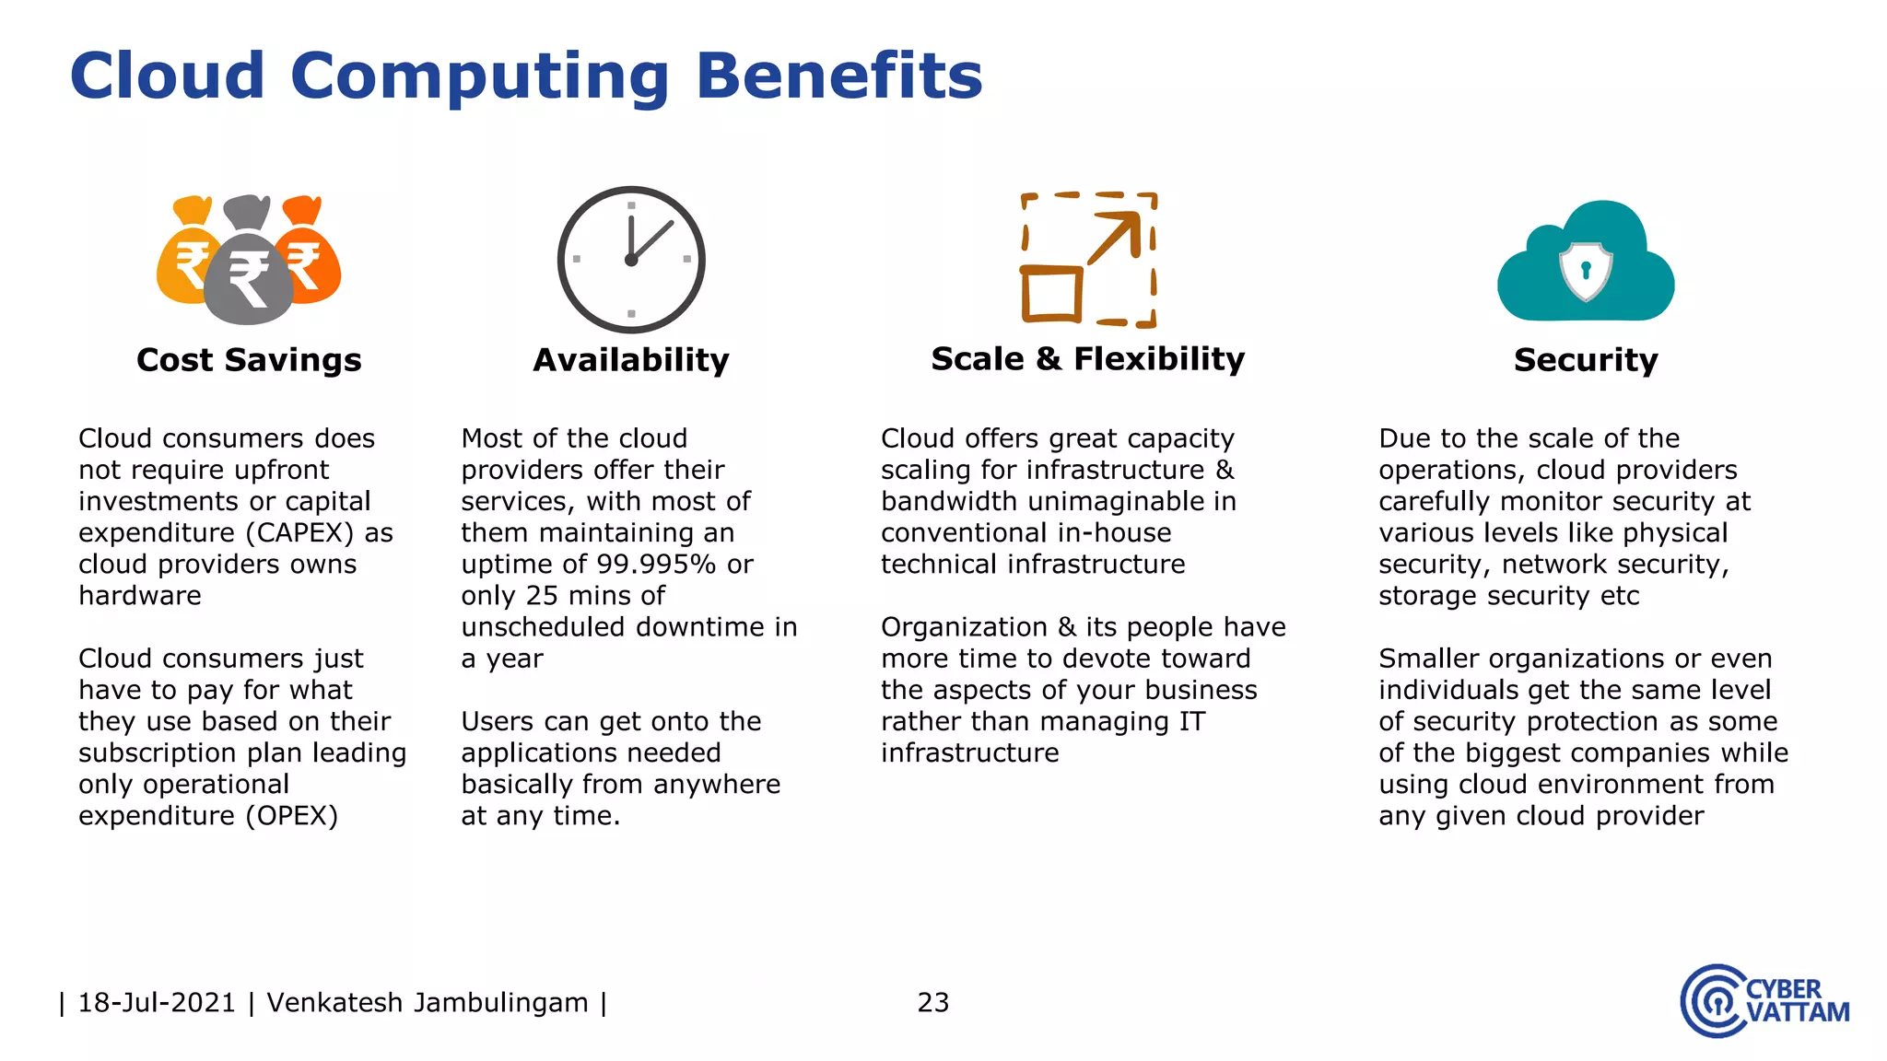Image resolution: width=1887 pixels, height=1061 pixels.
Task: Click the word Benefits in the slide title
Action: pos(838,76)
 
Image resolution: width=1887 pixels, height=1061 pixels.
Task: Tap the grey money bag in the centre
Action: pos(247,276)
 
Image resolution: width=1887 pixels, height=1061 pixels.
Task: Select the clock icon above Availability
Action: pos(631,260)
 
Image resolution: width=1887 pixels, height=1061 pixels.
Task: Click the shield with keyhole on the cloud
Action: pos(1586,271)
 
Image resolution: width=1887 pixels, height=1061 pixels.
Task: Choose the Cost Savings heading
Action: pos(249,359)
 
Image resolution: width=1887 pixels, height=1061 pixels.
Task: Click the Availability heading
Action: pos(631,359)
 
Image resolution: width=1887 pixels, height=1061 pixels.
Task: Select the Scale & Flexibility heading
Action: pos(1087,358)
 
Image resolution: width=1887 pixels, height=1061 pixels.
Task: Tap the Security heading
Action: pos(1586,359)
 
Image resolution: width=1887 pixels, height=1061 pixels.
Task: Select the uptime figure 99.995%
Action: pos(656,564)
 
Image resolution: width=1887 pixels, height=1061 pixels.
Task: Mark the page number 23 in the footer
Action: pos(932,1002)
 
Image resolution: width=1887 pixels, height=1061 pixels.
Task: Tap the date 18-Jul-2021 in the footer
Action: pos(157,1002)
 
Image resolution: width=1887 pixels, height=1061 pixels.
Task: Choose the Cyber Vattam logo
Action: pos(1764,1001)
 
